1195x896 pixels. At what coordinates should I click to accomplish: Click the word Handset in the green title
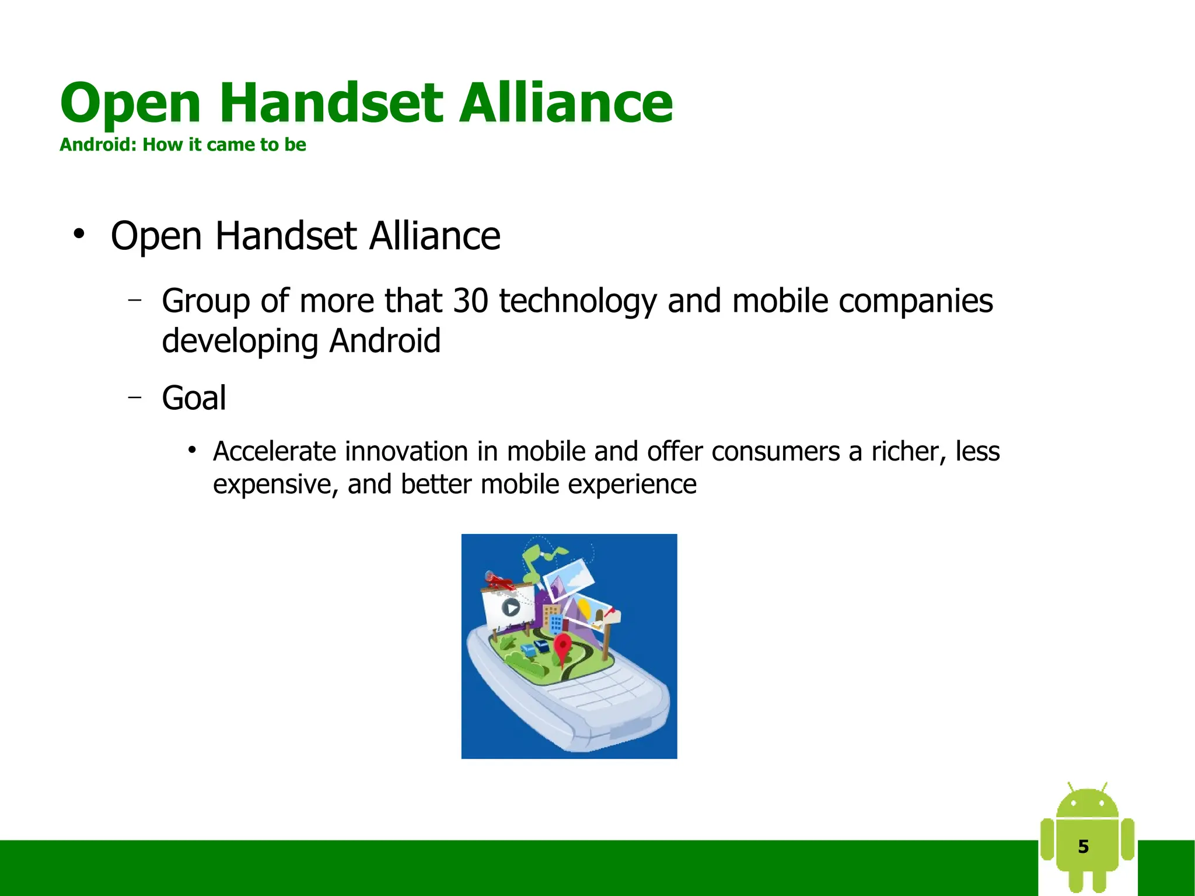[x=331, y=103]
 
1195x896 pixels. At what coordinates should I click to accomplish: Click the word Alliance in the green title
[x=565, y=103]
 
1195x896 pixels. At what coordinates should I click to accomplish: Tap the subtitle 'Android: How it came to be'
[x=183, y=145]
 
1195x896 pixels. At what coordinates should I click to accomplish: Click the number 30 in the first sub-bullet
[x=470, y=301]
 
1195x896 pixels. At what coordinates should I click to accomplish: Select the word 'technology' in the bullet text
[x=578, y=302]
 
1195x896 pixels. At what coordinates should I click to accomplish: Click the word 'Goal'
[x=194, y=399]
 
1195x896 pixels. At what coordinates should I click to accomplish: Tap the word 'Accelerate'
[x=274, y=452]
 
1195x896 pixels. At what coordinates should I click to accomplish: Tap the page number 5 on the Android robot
[x=1083, y=846]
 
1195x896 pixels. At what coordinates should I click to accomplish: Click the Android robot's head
[x=1087, y=804]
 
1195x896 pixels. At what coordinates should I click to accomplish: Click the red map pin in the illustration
[x=562, y=646]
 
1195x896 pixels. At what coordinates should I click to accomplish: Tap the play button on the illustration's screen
[x=511, y=608]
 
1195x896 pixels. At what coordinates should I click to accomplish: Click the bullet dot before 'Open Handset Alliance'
[x=79, y=235]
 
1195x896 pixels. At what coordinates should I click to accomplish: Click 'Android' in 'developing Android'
[x=385, y=341]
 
